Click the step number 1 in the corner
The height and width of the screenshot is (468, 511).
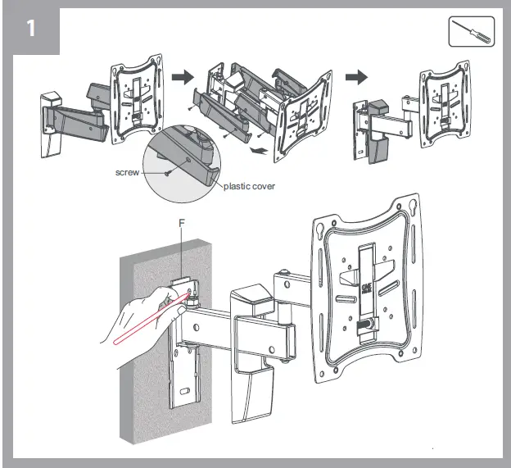click(30, 29)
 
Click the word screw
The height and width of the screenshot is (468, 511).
click(128, 174)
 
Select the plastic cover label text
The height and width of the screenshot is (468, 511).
click(250, 186)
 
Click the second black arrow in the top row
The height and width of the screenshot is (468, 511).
click(355, 77)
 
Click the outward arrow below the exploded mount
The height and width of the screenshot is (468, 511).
click(258, 151)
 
